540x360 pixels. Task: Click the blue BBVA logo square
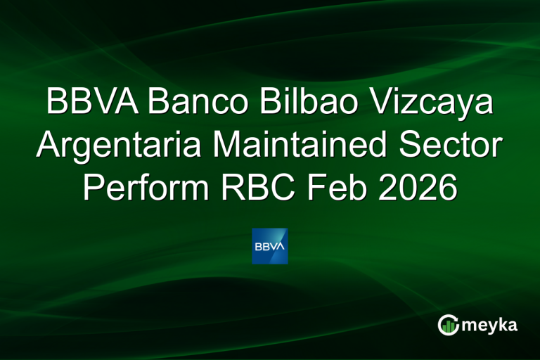pos(270,245)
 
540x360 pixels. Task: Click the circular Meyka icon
pos(448,324)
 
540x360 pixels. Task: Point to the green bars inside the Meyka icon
pos(449,326)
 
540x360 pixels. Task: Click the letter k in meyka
pos(501,324)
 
